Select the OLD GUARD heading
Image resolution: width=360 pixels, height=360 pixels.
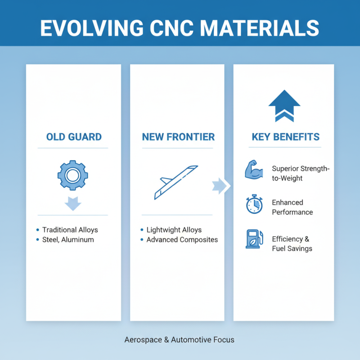pyautogui.click(x=74, y=137)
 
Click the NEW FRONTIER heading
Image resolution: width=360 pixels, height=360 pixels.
pyautogui.click(x=178, y=137)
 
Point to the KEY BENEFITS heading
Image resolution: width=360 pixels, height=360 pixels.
pyautogui.click(x=285, y=137)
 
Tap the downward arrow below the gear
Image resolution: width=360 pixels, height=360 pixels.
pyautogui.click(x=73, y=203)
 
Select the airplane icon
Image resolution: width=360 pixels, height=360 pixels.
pyautogui.click(x=175, y=182)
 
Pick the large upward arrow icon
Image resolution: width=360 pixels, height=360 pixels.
pyautogui.click(x=284, y=105)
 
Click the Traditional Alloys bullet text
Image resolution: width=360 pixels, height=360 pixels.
pyautogui.click(x=70, y=229)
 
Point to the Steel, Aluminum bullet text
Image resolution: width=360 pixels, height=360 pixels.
pyautogui.click(x=68, y=239)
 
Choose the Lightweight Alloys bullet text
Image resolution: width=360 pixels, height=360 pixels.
pyautogui.click(x=174, y=229)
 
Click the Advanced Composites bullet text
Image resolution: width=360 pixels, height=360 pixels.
pyautogui.click(x=182, y=239)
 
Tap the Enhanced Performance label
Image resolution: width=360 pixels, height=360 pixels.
pyautogui.click(x=292, y=207)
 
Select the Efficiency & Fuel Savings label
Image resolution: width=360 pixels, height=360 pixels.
pyautogui.click(x=292, y=243)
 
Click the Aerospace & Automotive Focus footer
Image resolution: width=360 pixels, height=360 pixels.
pyautogui.click(x=179, y=340)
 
